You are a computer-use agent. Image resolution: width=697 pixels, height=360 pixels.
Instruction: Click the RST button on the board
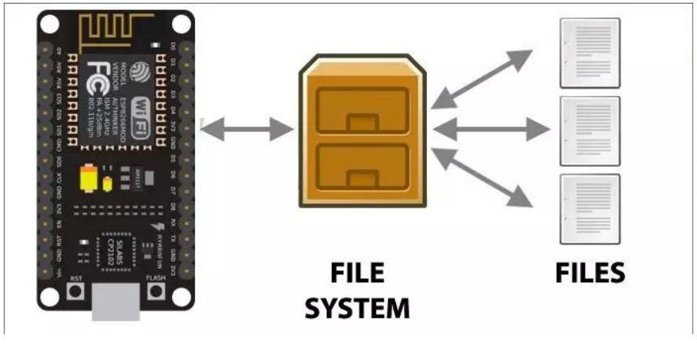[x=76, y=292]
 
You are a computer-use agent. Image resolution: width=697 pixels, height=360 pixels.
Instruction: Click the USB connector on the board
[x=116, y=303]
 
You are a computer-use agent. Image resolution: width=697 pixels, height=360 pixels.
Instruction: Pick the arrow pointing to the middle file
[x=490, y=128]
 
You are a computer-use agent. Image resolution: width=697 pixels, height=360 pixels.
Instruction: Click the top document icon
[x=589, y=53]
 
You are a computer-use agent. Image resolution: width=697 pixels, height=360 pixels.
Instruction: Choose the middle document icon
[x=589, y=130]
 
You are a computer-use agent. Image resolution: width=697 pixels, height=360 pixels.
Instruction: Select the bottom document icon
[x=589, y=208]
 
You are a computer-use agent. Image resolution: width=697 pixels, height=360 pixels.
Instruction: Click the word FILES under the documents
[x=589, y=273]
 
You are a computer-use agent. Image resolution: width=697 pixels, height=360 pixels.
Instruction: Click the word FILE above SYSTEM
[x=357, y=273]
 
